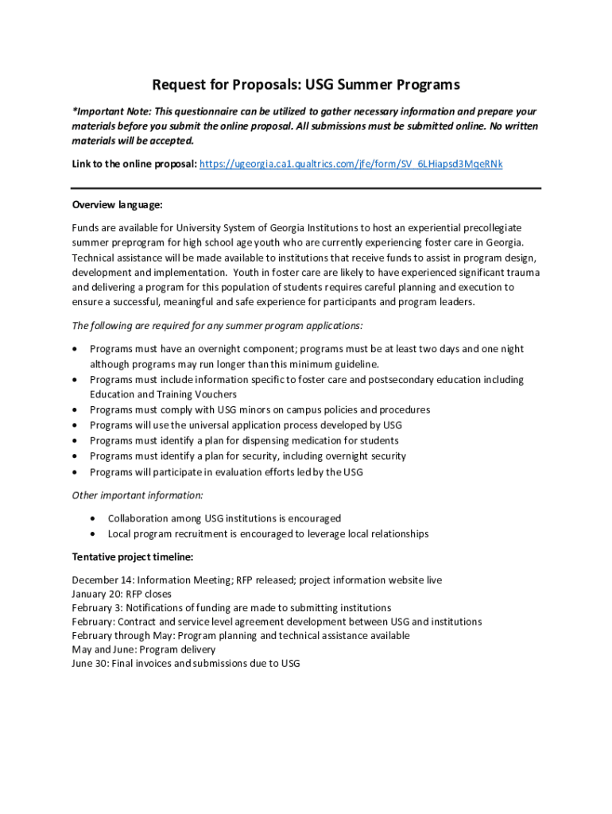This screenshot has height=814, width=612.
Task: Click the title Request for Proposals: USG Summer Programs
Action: (x=306, y=84)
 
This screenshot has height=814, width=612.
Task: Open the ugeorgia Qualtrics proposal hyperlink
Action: (x=351, y=164)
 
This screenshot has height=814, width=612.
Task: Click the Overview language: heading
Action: (x=117, y=204)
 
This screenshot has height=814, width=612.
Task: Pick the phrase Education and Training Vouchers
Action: (x=163, y=394)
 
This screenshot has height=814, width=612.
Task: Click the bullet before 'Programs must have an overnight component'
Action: (x=75, y=350)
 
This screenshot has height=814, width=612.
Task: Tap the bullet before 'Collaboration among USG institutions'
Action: (x=94, y=518)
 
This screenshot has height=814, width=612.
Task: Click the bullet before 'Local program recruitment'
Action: (x=94, y=533)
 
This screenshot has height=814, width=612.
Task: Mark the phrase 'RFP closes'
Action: (x=149, y=594)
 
